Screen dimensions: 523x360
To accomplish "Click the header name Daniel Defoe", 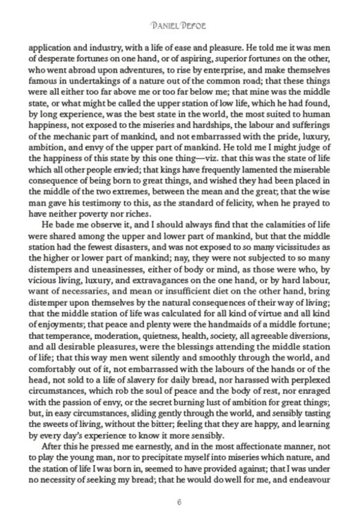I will click(179, 26).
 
